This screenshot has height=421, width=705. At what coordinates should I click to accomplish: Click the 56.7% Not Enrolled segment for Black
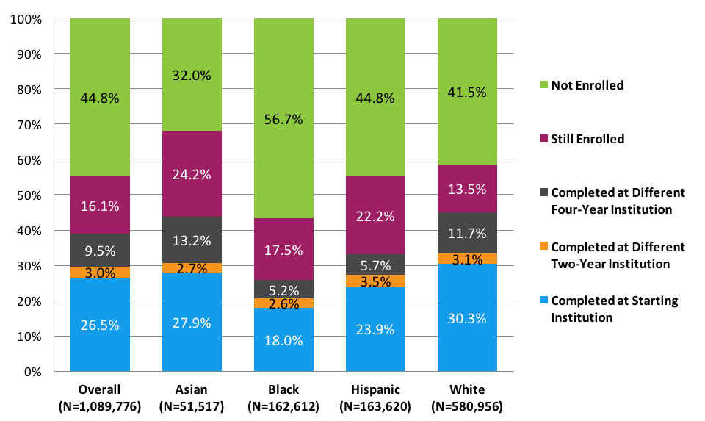pos(283,118)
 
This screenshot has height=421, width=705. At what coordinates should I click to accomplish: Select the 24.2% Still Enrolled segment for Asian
pos(192,174)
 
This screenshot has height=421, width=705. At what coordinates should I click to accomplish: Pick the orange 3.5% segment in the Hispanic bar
pos(375,280)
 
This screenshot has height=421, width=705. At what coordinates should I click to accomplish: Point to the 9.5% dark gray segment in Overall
pos(100,250)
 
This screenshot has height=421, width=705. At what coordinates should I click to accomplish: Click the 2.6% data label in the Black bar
pos(283,303)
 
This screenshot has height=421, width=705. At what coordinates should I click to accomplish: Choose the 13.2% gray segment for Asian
pos(192,240)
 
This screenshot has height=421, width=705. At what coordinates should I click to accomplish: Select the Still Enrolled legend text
pos(587,139)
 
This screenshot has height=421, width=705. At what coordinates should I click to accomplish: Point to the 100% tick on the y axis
pos(26,18)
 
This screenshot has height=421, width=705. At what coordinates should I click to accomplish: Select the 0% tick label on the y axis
pos(32,372)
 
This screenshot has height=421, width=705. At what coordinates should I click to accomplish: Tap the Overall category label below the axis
pos(100,389)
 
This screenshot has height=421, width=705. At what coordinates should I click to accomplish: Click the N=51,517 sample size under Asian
pos(192,405)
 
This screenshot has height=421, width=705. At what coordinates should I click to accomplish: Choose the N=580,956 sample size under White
pos(467,405)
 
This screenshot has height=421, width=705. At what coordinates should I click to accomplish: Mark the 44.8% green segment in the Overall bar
pos(100,97)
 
